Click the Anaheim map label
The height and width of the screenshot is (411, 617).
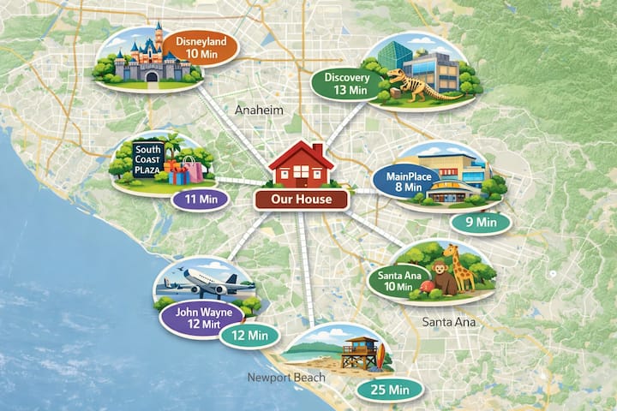259,111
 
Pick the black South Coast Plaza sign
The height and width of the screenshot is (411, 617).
147,160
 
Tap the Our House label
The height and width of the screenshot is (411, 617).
301,200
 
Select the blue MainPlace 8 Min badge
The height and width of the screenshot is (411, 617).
405,182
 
